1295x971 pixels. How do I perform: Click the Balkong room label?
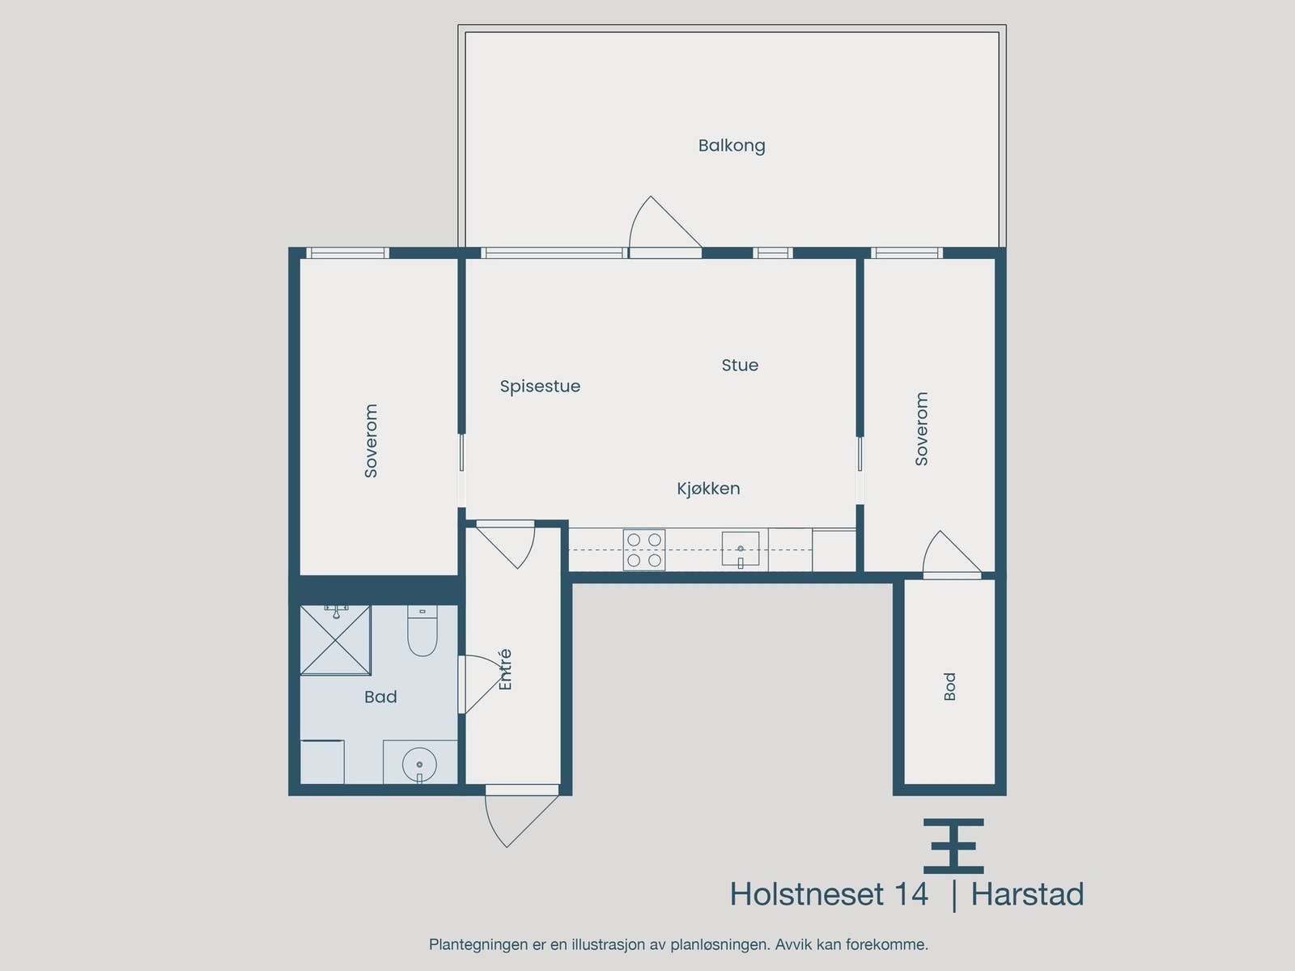[x=732, y=146]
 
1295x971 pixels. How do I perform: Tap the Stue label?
[x=740, y=365]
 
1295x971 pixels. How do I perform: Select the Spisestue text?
[x=540, y=386]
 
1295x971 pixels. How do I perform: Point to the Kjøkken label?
[x=708, y=488]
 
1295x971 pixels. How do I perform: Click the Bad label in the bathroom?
[x=380, y=697]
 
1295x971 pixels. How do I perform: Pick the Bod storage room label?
[x=949, y=686]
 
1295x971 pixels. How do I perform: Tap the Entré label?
[x=505, y=670]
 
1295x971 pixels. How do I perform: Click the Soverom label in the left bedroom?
[x=371, y=441]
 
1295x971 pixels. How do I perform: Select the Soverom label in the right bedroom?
[x=921, y=429]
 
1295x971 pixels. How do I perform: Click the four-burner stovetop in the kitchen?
[x=644, y=550]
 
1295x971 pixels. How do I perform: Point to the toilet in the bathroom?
[x=422, y=631]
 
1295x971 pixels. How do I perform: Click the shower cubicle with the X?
[x=335, y=639]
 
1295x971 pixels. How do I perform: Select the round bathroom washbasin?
[x=419, y=764]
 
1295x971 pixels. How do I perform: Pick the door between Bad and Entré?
[x=478, y=684]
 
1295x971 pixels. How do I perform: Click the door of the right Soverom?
[x=949, y=557]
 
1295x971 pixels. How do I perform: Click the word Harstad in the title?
[x=1026, y=894]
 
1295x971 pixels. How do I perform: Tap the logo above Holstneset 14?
[x=953, y=846]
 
